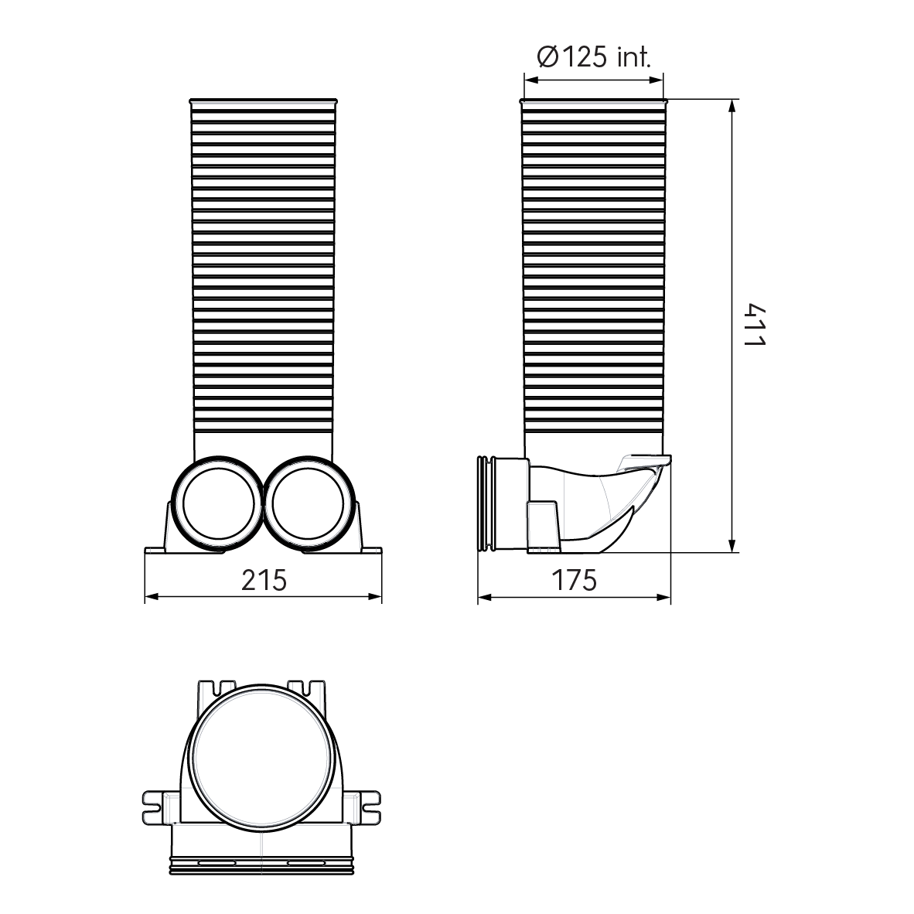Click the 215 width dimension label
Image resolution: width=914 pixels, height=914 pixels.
coord(263,579)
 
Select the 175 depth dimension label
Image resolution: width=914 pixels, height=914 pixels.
coord(574,580)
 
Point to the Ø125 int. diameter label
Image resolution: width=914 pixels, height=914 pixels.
coord(593,56)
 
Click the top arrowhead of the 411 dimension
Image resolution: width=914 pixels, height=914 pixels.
coord(732,106)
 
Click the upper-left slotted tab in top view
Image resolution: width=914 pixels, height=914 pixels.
coord(217,687)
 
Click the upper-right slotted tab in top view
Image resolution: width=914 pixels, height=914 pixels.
coord(309,687)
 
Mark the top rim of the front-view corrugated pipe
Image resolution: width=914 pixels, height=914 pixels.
coord(263,101)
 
